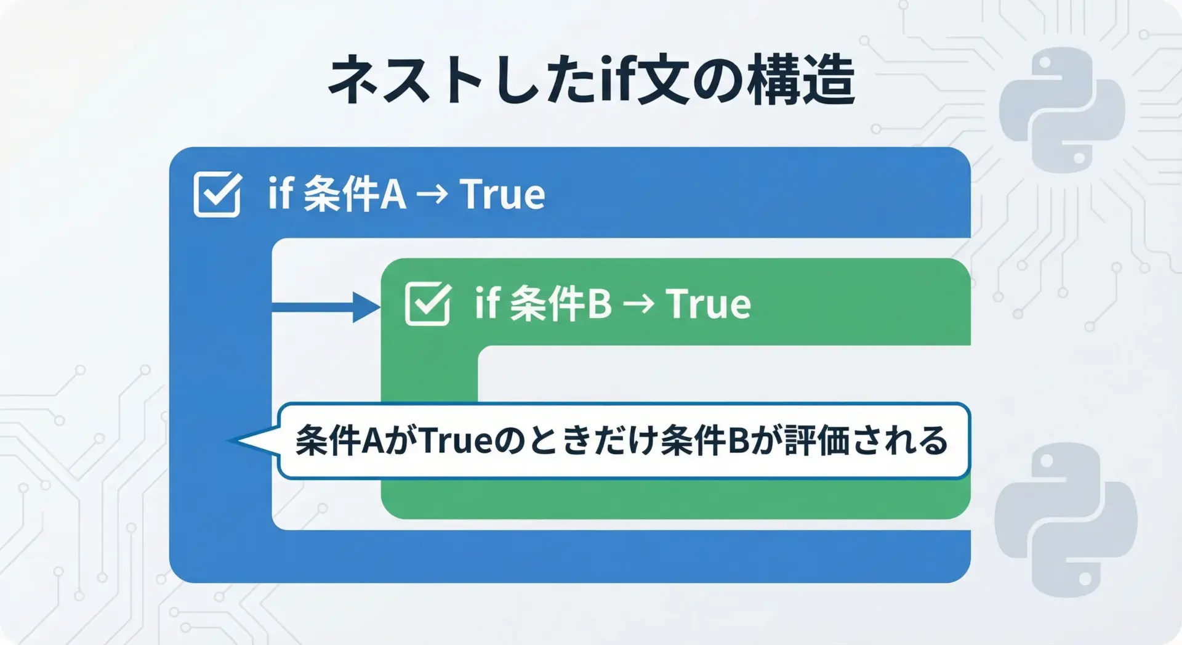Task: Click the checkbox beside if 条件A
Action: coord(217,194)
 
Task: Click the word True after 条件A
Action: coord(502,195)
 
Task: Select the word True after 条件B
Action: coord(709,304)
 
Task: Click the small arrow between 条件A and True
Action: coord(432,195)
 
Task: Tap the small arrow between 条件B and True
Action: coord(638,304)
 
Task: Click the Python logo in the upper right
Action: coord(1062,110)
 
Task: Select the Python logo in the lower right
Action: coord(1066,519)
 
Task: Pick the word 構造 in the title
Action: coord(801,79)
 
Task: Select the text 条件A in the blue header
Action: coord(355,195)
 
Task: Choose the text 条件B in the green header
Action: coord(561,304)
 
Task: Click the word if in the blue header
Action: coord(279,193)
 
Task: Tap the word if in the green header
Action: coord(486,302)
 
